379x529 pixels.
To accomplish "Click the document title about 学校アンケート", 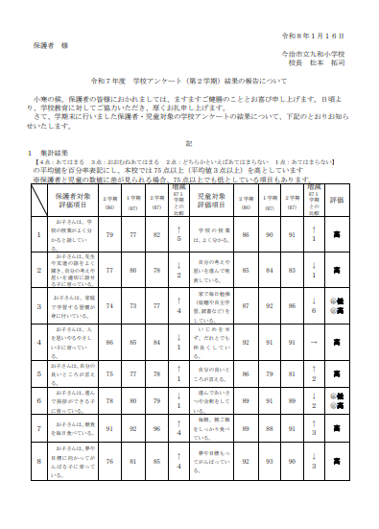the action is click(x=188, y=83).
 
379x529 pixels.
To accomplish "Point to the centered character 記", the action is click(x=189, y=140).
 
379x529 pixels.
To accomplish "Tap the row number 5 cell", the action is click(x=37, y=375).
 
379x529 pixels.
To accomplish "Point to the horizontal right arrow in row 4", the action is click(x=313, y=340).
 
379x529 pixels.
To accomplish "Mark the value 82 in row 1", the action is click(x=156, y=234).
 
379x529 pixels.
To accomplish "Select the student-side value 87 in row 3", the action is click(x=247, y=304).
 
